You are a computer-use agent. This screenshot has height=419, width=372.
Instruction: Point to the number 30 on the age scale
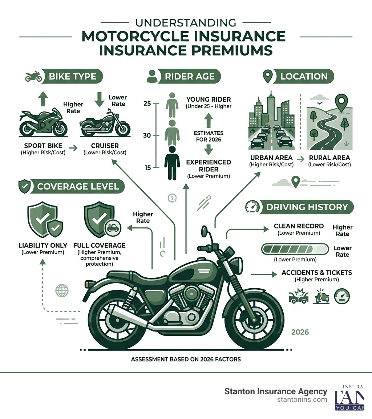pos(147,135)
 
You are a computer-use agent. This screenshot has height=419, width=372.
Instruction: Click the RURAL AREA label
pos(329,158)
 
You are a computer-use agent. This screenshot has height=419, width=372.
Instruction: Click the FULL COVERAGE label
pos(99,245)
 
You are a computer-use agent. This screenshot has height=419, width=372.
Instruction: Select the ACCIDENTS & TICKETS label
pos(316,273)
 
